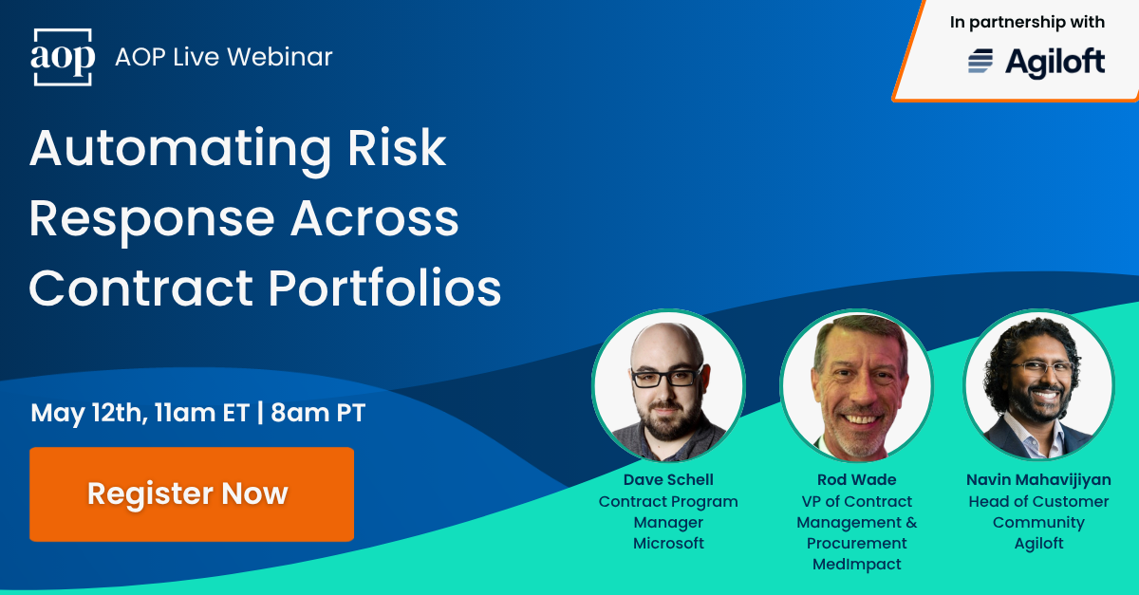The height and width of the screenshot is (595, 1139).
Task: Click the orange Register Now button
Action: click(x=191, y=494)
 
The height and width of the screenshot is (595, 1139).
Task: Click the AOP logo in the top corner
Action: click(x=63, y=58)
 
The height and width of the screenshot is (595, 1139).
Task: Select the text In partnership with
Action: click(x=1027, y=22)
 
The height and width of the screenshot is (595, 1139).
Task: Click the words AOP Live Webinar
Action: click(x=223, y=57)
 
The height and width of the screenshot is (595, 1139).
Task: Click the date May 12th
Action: click(x=86, y=413)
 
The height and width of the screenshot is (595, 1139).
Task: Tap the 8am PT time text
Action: click(x=318, y=413)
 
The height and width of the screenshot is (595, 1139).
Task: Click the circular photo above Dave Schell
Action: click(x=668, y=385)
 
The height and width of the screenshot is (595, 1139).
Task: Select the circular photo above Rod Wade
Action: click(x=857, y=385)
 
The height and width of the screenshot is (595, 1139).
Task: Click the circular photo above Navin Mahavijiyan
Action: click(x=1038, y=385)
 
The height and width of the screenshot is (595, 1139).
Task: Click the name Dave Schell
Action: click(x=668, y=480)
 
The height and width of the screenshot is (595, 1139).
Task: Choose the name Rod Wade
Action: click(x=857, y=480)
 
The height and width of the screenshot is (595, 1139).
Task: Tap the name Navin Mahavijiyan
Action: click(x=1038, y=480)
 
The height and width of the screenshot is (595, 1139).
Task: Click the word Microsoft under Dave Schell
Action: click(x=668, y=543)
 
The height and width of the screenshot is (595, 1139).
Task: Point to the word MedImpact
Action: click(x=857, y=564)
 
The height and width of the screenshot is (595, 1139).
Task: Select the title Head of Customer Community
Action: click(x=1038, y=511)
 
